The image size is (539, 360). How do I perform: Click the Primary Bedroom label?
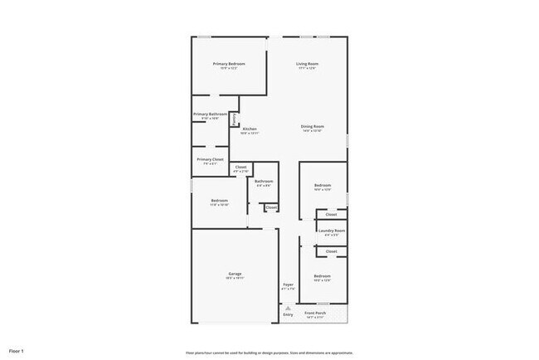229,64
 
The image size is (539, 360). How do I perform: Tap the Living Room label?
308,64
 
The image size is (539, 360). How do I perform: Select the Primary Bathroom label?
210,114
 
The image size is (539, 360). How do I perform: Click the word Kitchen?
249,129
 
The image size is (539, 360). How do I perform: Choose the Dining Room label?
312,126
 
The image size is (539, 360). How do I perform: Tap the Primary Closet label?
210,158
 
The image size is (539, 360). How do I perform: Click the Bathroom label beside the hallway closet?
264,181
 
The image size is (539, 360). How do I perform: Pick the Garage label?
236,274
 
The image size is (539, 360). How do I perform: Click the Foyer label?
288,285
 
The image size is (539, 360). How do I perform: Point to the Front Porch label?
315,313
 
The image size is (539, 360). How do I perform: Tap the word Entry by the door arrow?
288,314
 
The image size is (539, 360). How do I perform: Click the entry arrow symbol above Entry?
288,308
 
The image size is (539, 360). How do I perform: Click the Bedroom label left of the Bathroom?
219,200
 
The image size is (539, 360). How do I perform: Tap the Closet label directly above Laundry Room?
331,214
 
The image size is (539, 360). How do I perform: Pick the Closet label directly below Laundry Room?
331,251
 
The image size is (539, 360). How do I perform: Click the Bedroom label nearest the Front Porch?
322,275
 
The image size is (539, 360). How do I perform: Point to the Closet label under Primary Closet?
240,167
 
